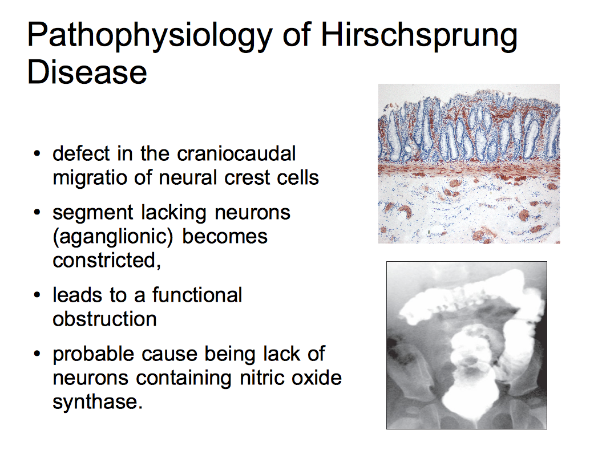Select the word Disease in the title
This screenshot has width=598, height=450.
point(87,72)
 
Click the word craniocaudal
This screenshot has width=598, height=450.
point(236,153)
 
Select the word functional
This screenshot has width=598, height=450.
point(197,295)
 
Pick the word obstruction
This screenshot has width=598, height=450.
point(104,319)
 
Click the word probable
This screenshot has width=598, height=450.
point(94,354)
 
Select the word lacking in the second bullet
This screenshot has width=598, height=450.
point(174,212)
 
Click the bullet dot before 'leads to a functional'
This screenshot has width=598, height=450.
point(37,295)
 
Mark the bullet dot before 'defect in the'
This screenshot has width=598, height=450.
point(37,154)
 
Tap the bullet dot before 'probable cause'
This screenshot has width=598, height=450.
point(37,354)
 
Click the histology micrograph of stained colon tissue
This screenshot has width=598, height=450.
point(469,164)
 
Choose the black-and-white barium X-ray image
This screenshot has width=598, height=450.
point(467,345)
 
